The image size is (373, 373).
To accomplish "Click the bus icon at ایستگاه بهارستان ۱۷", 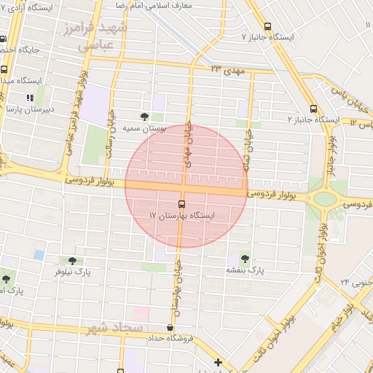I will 181,204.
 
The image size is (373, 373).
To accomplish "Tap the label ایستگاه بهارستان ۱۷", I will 184,216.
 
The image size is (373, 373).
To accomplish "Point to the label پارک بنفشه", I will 244,270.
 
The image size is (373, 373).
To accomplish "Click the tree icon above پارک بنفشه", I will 244,257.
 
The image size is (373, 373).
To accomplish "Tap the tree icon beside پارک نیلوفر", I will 72,261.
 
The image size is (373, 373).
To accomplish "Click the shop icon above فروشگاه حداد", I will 170,328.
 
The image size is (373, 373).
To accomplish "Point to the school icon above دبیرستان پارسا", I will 29,97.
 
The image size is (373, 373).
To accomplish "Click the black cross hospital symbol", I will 217,362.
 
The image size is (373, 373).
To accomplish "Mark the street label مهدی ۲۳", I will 226,68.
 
